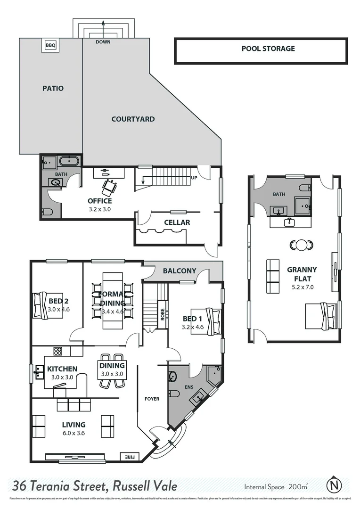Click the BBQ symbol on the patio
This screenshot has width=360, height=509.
[50, 45]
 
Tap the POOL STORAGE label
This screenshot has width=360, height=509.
[268, 49]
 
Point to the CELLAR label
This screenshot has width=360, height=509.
[177, 222]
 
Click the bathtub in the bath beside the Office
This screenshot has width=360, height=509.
[70, 162]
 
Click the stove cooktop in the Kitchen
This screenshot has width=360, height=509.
[58, 351]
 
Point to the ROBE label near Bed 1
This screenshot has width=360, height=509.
[162, 314]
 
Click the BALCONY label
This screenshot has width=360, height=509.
[179, 271]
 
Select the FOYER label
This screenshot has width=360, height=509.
[152, 399]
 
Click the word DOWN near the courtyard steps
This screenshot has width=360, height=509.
[103, 42]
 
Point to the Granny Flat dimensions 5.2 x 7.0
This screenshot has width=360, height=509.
[302, 287]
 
